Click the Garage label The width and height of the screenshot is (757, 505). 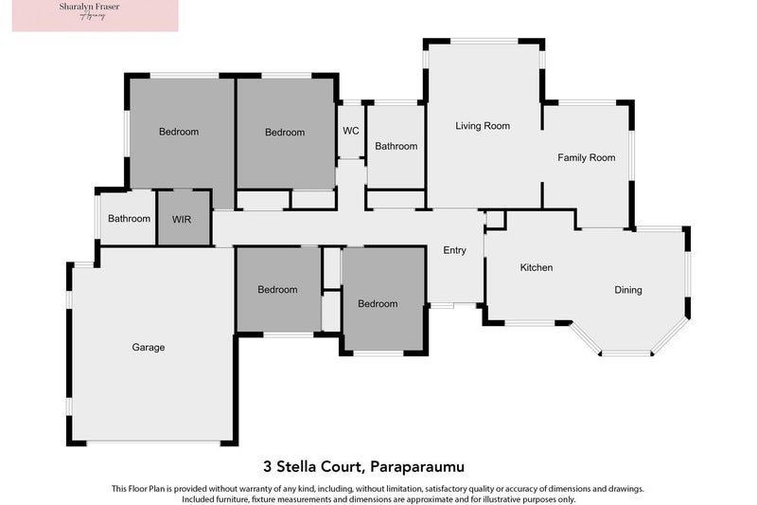[x=148, y=348]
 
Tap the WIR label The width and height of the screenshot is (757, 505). [x=182, y=219]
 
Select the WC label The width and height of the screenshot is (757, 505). [x=350, y=130]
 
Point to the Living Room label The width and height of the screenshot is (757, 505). [x=483, y=126]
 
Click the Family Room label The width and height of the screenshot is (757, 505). [x=587, y=158]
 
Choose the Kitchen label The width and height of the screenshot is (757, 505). [x=537, y=268]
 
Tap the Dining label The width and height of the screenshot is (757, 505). [x=628, y=290]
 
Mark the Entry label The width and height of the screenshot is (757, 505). [x=454, y=250]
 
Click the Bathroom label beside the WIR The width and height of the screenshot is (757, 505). [x=129, y=219]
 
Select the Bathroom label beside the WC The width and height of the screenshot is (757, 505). [x=396, y=147]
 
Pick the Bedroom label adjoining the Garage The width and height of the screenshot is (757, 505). [x=277, y=290]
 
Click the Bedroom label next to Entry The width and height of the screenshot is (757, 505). [x=378, y=304]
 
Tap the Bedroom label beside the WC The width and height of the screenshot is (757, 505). [x=285, y=133]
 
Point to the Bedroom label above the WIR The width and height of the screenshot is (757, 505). [x=179, y=132]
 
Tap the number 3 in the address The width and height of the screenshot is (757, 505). [x=267, y=466]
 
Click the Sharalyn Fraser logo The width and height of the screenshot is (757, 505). [x=95, y=16]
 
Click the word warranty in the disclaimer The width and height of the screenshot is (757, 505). [x=271, y=489]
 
